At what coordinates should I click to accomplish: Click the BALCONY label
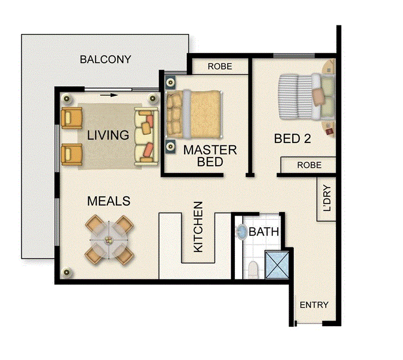click(x=105, y=59)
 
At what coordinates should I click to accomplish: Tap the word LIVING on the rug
click(x=108, y=135)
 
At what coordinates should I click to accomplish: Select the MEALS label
click(x=109, y=201)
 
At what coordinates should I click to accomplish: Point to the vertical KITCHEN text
click(x=198, y=227)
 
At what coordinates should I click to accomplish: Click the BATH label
click(x=264, y=232)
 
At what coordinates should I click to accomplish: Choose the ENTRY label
click(x=314, y=305)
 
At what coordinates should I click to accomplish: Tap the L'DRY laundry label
click(x=327, y=199)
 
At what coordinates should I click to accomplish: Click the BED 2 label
click(x=292, y=139)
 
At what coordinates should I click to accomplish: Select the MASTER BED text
click(x=210, y=156)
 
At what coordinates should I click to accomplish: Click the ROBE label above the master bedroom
click(x=220, y=67)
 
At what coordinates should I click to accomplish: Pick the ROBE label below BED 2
click(x=309, y=165)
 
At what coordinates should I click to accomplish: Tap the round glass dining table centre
click(x=109, y=240)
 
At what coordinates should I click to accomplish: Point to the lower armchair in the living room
click(x=72, y=154)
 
